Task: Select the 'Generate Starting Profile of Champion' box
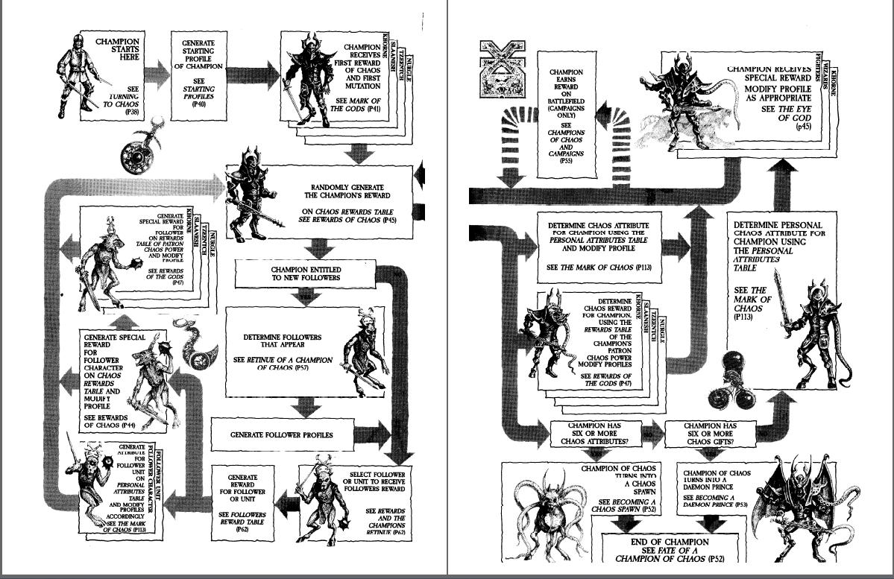[x=198, y=75]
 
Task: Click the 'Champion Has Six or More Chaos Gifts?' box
[x=708, y=434]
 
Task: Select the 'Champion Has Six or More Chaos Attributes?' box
[x=595, y=434]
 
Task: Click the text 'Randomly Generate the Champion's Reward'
[x=339, y=192]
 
